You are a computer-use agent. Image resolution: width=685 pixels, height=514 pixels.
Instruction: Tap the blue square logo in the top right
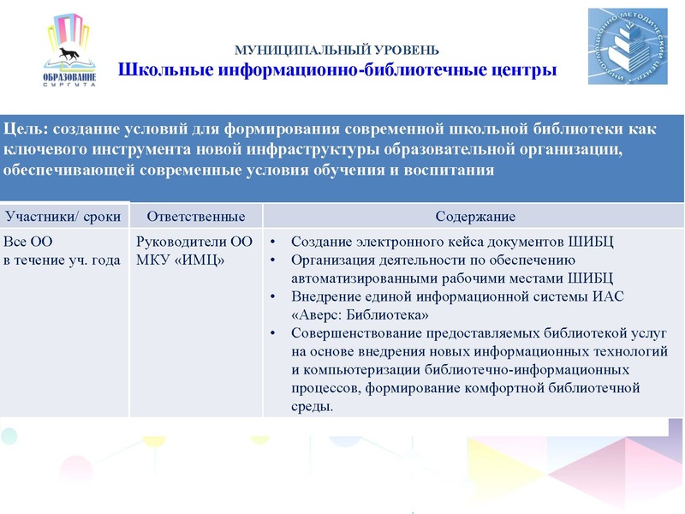coord(627,47)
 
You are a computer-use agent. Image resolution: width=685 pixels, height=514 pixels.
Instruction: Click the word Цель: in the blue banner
coord(27,129)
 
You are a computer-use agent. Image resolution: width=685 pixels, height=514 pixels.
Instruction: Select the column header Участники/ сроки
coord(63,216)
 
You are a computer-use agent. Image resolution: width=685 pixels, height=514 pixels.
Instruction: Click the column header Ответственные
coord(196,216)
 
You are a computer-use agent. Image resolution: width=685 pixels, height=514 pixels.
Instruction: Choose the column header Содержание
coord(474,216)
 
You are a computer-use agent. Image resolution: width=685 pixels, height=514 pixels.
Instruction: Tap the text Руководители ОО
coord(194,242)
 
